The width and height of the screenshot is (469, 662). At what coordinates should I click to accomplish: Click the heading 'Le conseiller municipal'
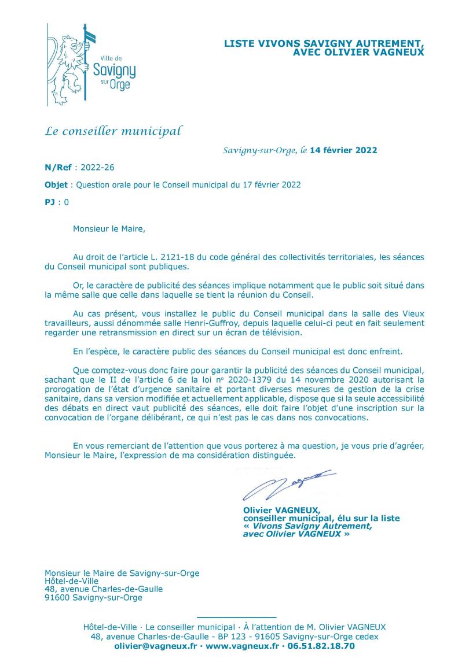pyautogui.click(x=113, y=131)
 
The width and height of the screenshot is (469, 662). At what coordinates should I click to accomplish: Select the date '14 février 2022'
pyautogui.click(x=344, y=151)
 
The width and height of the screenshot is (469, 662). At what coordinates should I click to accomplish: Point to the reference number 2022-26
pyautogui.click(x=98, y=168)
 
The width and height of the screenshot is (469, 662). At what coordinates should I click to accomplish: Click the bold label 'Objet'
pyautogui.click(x=56, y=185)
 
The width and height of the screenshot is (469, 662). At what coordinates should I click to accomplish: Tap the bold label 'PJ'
pyautogui.click(x=50, y=202)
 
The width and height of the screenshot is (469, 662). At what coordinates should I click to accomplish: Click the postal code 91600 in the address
pyautogui.click(x=58, y=598)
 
